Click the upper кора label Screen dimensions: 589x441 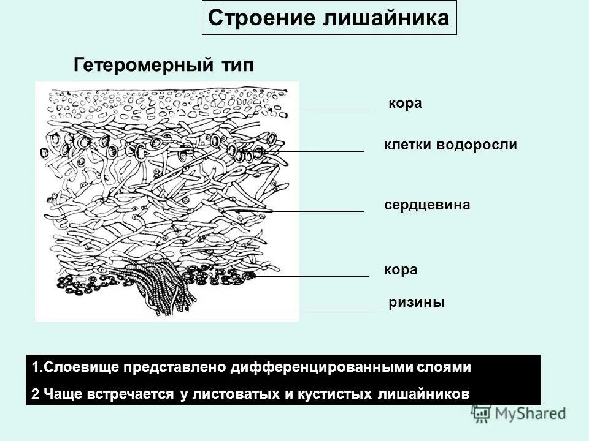[x=405, y=104]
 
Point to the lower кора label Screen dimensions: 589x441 [x=401, y=269]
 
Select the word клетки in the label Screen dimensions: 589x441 [x=408, y=145]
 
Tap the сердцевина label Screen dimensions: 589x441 [x=427, y=205]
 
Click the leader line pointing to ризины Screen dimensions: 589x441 [x=288, y=309]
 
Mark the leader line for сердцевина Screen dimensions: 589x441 [x=307, y=211]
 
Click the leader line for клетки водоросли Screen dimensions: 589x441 [x=319, y=151]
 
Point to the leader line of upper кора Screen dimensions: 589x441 [x=331, y=110]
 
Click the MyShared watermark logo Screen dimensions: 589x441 [x=519, y=413]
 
